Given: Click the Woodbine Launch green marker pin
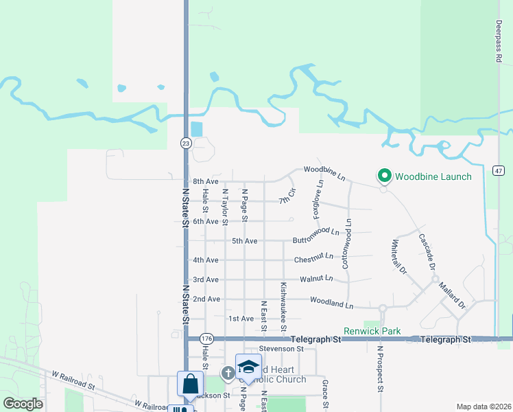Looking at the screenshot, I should pos(384,176).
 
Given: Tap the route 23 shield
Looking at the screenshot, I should pos(186,143).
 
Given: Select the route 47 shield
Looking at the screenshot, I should pos(499,170).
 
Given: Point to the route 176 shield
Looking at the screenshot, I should pos(206,339).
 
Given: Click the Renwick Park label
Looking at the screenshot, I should pos(372,331).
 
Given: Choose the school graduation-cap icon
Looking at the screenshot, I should pos(248,366).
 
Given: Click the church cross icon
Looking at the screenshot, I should pos(228,372).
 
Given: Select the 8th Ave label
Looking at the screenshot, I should pos(205,181).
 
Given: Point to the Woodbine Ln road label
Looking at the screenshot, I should pos(324,170).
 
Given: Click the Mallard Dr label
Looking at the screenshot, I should pos(452,295).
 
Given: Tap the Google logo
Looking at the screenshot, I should pos(23,404).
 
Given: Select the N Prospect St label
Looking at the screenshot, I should pos(379,369).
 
